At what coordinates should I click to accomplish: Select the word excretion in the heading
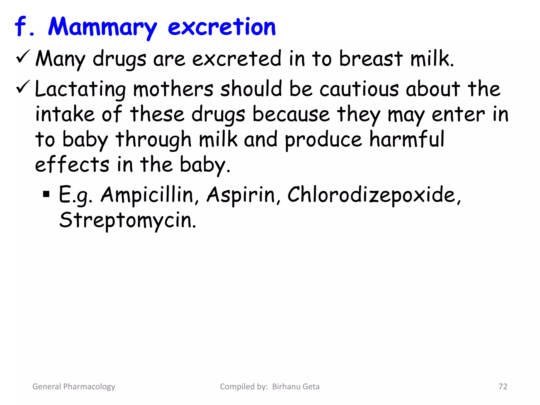click(x=221, y=27)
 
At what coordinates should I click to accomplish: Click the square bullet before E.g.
click(x=46, y=195)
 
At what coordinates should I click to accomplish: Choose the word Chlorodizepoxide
click(x=374, y=195)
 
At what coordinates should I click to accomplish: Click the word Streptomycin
click(x=128, y=220)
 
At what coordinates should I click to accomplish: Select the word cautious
click(x=359, y=89)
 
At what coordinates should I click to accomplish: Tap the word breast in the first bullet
click(x=371, y=59)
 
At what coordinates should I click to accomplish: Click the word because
click(x=291, y=114)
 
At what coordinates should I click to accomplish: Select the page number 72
click(x=503, y=387)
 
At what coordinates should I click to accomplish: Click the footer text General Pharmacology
click(x=74, y=387)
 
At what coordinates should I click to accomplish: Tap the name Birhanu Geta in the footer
click(x=296, y=387)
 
